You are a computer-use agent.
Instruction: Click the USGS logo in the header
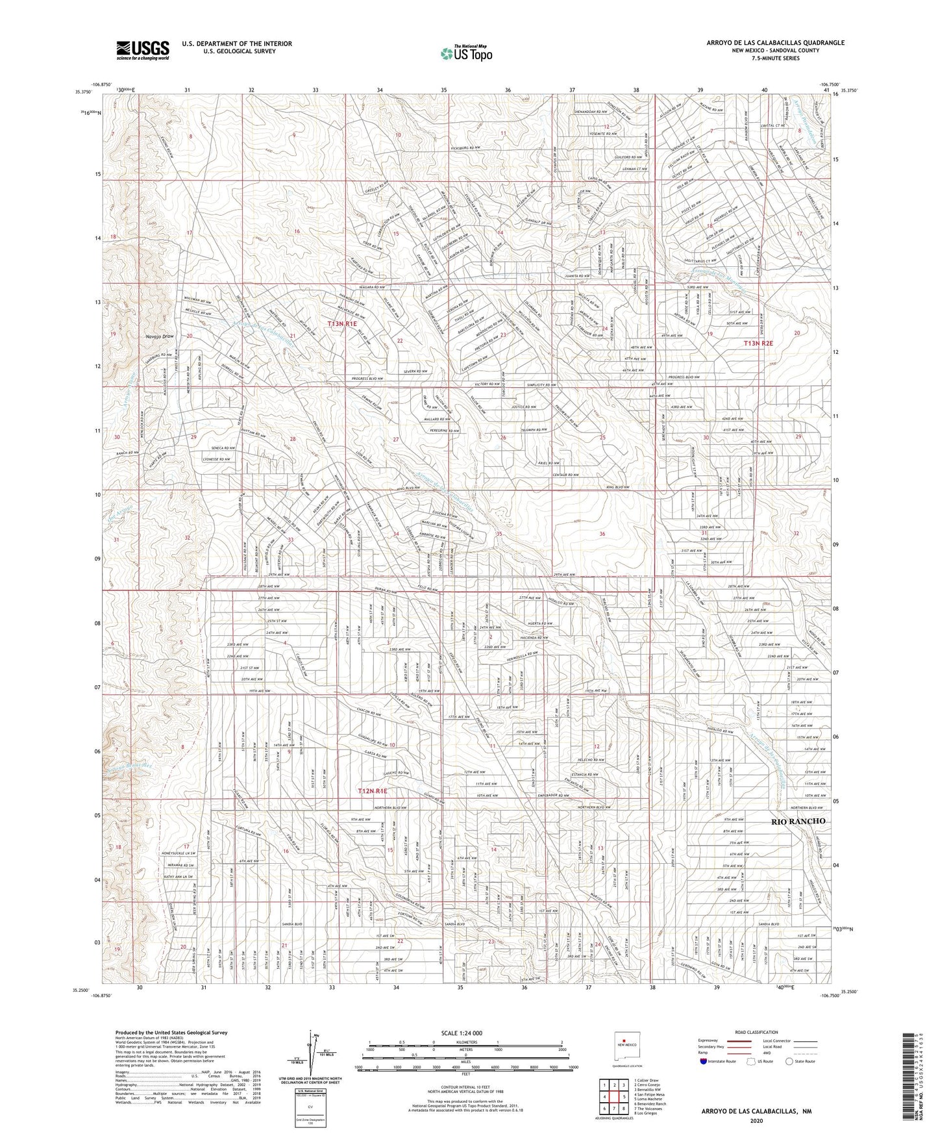(143, 50)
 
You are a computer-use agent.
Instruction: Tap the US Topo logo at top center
(466, 53)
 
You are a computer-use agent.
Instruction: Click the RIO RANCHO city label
(798, 821)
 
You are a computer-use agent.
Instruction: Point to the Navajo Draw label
(159, 336)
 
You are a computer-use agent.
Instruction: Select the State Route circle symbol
(790, 1061)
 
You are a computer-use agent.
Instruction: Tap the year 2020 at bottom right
(756, 1120)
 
